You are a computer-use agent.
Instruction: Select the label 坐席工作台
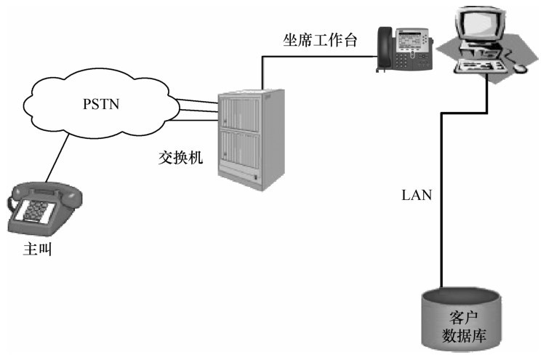coord(320,40)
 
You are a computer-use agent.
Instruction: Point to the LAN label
coord(416,195)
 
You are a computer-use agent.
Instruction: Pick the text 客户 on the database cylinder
coord(462,318)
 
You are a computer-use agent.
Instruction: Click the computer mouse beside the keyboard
coord(519,68)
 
